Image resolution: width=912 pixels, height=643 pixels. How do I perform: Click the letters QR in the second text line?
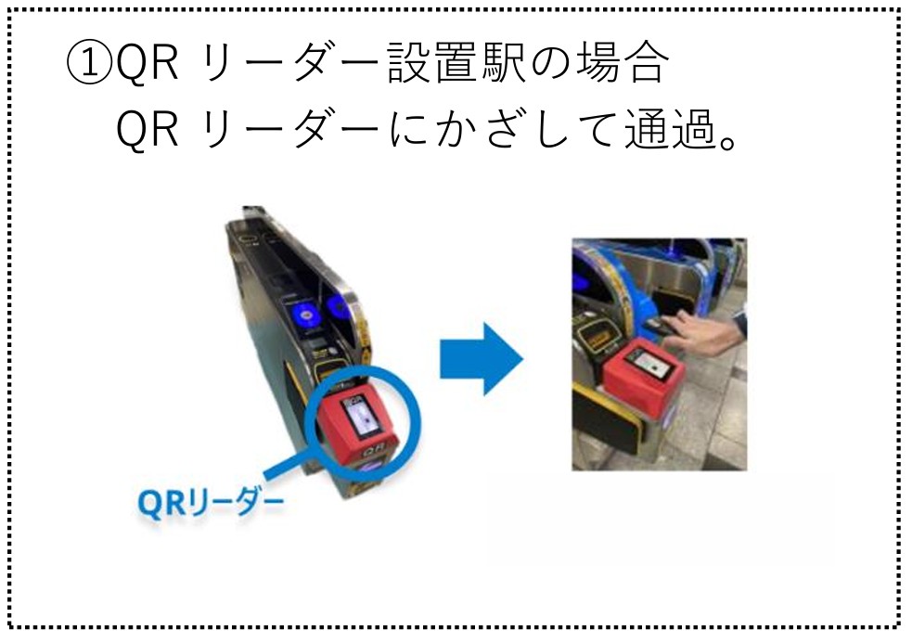147,131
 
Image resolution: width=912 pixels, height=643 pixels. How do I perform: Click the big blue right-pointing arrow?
482,358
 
